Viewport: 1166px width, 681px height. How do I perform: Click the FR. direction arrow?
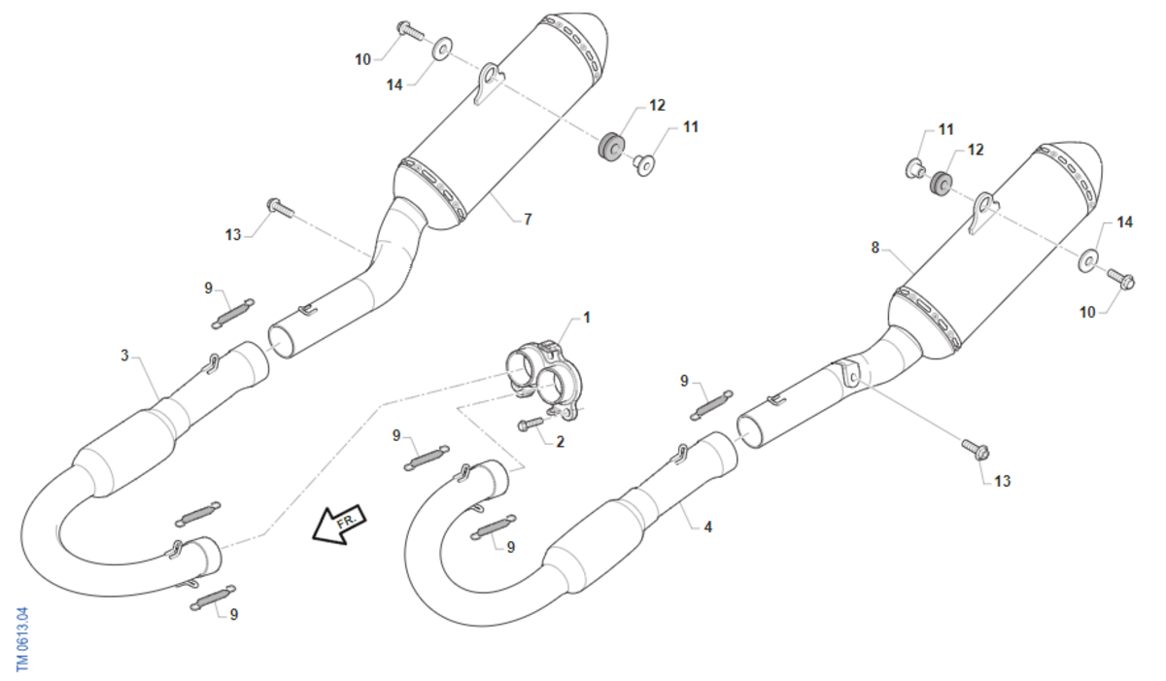coord(339,524)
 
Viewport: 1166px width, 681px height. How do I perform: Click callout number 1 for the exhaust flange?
coord(587,318)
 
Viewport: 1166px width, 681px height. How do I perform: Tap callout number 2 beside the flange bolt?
coord(560,442)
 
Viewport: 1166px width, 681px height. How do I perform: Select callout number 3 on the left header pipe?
coord(124,356)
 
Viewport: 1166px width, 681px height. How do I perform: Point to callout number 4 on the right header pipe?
coord(708,527)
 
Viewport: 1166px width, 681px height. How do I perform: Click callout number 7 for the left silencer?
coord(528,219)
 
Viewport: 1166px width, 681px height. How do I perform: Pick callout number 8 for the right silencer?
coord(875,248)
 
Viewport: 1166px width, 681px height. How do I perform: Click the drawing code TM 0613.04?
coord(22,639)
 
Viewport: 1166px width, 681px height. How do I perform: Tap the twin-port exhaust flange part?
coord(545,380)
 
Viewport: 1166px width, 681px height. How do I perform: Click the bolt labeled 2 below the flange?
coord(531,424)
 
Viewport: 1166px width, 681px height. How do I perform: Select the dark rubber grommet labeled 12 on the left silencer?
coord(609,147)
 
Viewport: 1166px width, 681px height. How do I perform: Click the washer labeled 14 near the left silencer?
coord(442,48)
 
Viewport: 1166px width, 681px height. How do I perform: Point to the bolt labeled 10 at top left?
coord(411,30)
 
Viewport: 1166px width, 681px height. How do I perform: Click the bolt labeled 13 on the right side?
coord(975,450)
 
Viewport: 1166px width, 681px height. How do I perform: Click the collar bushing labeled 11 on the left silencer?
coord(643,164)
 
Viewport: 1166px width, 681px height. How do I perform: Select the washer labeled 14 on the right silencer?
coord(1088,260)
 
